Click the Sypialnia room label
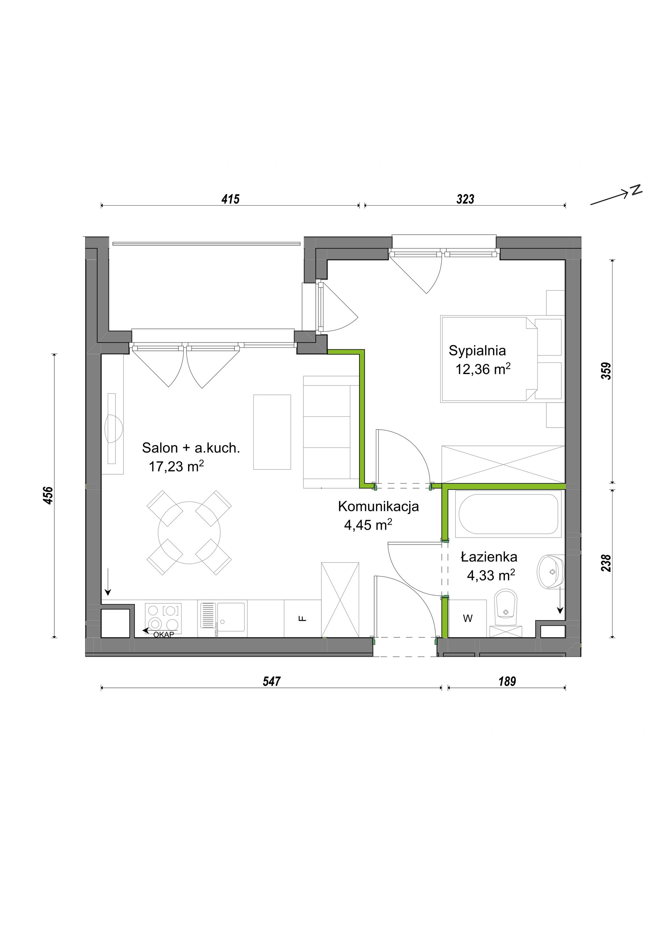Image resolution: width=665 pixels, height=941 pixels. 477,351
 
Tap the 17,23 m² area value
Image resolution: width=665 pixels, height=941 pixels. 176,466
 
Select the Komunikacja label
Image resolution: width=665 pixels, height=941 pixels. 378,506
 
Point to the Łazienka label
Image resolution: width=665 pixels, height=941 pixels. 489,557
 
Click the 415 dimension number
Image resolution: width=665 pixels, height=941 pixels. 230,199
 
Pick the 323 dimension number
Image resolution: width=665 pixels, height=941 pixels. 465,199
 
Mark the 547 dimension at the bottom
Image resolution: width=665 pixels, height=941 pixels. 272,681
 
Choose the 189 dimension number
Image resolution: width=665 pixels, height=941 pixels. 507,681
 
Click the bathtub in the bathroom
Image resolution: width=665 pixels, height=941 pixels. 508,514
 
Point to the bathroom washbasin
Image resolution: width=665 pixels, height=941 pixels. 551,571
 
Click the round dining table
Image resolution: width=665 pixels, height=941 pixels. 189,533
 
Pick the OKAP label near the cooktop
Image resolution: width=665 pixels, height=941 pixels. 163,635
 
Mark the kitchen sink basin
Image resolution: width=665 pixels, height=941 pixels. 231,616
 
